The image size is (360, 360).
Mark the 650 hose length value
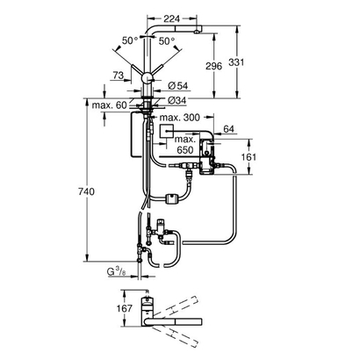[x=183, y=151]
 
